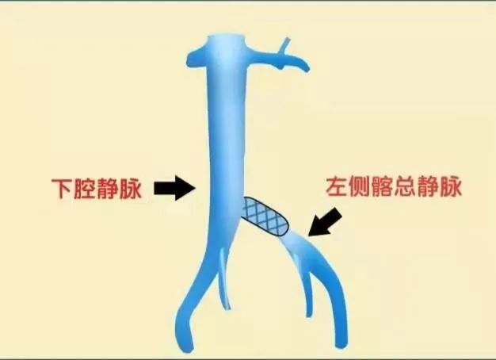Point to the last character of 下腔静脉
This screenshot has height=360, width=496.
(132, 190)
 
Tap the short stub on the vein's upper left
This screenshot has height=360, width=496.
(193, 56)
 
